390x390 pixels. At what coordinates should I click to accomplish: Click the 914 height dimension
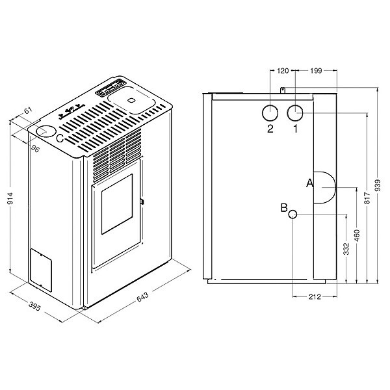coord(10,198)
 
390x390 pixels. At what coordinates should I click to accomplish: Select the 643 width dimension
coord(142,296)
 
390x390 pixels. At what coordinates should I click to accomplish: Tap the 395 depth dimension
coord(34,306)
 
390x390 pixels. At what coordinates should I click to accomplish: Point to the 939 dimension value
coord(378,185)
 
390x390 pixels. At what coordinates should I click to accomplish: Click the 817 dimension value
coord(368,198)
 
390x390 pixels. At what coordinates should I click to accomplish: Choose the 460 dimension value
coord(357,235)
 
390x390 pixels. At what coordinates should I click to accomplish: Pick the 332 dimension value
coord(346,249)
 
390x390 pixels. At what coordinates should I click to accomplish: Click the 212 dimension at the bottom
coord(315,297)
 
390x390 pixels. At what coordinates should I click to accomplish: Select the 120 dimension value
coord(283,71)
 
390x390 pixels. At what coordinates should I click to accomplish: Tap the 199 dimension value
coord(316,71)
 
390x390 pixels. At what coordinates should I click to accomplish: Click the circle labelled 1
coord(295,112)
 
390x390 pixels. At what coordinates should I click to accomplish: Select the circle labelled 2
coord(270,112)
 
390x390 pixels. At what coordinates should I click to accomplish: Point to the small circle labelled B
coord(292,214)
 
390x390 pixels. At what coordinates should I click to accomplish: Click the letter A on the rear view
coord(309,183)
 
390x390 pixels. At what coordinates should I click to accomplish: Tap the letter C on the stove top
coord(60,138)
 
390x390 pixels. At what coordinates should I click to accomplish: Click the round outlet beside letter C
coord(46,131)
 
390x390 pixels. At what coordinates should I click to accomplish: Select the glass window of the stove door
coord(117,204)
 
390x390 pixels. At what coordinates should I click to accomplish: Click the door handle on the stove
coord(142,201)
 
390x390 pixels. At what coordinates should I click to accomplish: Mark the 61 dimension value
coord(28,110)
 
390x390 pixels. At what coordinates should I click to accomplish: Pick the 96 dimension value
coord(35,149)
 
